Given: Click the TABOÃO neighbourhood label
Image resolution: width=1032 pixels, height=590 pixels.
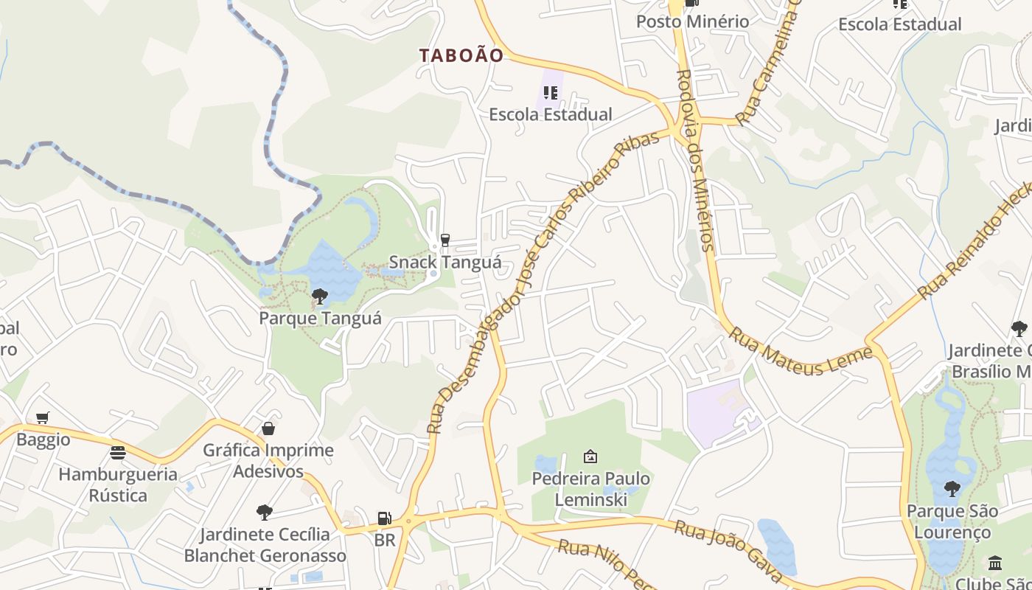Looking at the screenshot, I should coord(461,55).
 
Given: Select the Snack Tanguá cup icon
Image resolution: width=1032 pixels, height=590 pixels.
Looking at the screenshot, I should coord(444,240).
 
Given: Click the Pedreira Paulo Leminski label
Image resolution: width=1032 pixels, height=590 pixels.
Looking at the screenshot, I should coord(591,489).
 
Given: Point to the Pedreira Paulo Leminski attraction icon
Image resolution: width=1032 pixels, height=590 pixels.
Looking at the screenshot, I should coord(590,457).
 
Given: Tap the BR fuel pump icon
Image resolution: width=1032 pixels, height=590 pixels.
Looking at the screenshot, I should coord(384,518).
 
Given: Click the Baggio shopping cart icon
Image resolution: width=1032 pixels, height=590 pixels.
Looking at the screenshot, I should coord(43,418).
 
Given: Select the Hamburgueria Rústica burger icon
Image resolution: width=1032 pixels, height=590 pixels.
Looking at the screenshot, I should coord(118,452).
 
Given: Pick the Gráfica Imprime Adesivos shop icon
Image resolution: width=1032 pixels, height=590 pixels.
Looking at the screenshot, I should coord(268,428).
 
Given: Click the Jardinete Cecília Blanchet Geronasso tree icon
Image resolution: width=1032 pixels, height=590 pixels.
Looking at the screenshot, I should coord(265,512).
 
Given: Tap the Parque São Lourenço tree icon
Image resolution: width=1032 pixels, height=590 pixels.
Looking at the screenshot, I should coord(952,488).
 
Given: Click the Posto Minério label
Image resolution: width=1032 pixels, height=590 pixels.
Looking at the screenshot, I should coord(693,21).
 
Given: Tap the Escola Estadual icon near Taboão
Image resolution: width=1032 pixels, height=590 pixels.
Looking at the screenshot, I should coord(551,93).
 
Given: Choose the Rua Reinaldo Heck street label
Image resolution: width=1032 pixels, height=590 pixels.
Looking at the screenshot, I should coord(973,244).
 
